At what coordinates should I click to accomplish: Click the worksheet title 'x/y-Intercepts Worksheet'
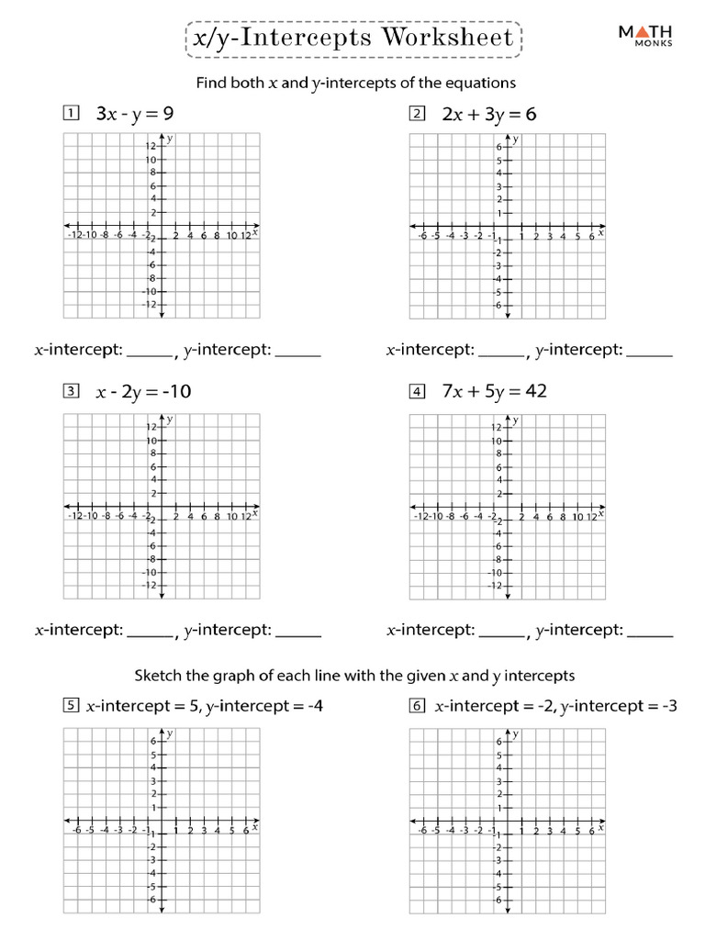pos(352,39)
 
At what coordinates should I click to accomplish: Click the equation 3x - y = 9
pos(135,114)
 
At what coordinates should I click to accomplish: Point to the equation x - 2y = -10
pos(143,392)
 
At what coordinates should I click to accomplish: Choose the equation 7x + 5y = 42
pos(494,392)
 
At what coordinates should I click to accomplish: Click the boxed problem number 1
pos(69,114)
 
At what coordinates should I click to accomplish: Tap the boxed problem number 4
pos(418,392)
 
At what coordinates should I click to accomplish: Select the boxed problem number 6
pos(418,707)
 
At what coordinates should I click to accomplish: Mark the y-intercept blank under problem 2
pos(649,352)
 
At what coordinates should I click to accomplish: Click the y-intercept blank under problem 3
pos(298,632)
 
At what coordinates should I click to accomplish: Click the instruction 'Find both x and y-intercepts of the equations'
pos(356,83)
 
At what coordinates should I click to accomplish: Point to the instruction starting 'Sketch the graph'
pos(354,676)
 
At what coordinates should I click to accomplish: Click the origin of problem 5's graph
pos(162,821)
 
